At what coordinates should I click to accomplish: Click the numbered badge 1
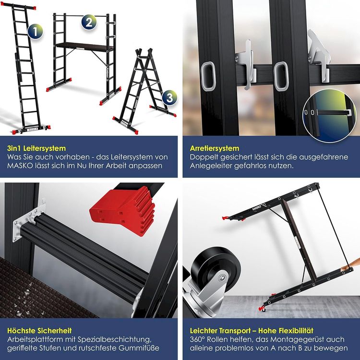(35, 32)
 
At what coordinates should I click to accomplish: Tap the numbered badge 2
(89, 22)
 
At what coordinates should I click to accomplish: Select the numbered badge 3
(169, 97)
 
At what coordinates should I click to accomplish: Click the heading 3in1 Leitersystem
(36, 148)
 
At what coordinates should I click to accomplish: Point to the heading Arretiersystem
(215, 148)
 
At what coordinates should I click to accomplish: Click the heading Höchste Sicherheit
(39, 331)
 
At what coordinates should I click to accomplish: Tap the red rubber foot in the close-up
(122, 211)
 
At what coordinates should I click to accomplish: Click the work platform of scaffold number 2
(84, 47)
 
